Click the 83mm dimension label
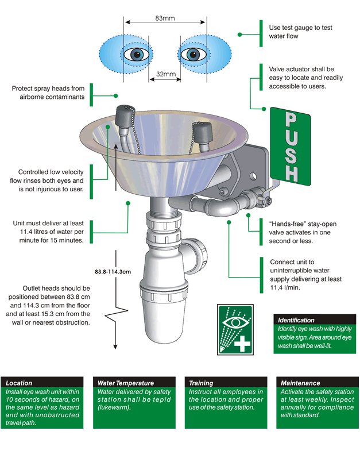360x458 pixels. pos(165,18)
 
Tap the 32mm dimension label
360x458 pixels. pos(165,74)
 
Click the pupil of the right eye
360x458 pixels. pos(193,55)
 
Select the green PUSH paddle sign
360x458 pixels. pos(291,147)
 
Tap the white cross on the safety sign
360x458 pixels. pos(243,345)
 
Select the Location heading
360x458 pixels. pos(19,383)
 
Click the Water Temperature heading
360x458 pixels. pos(126,383)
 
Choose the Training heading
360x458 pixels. pos(201,383)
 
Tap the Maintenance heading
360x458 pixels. pos(300,383)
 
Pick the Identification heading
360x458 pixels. pos(296,320)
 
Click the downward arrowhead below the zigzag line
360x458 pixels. pos(115,346)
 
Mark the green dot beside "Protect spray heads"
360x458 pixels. pos(115,96)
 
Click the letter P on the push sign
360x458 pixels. pos(291,120)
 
